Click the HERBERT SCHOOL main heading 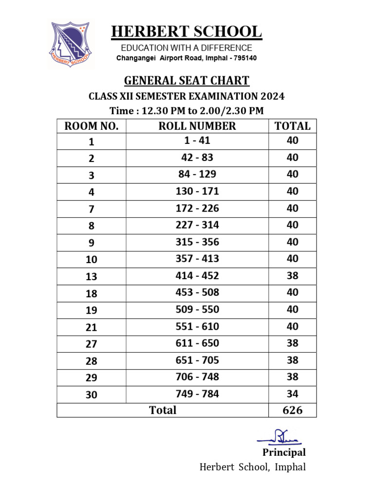tap(187, 32)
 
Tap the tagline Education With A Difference tap(187, 48)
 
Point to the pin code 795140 tap(243, 58)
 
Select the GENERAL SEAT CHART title tap(187, 81)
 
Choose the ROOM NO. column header tap(92, 126)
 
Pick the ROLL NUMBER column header tap(197, 126)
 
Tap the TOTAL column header tap(292, 126)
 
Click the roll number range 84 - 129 tap(197, 175)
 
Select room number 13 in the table tap(92, 277)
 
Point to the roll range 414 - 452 tap(197, 276)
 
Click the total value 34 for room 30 tap(292, 394)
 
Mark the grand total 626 tap(292, 410)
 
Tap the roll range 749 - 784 tap(197, 394)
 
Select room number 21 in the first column tap(92, 328)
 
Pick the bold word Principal tap(284, 453)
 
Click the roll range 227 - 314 tap(197, 225)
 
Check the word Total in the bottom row tap(163, 410)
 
